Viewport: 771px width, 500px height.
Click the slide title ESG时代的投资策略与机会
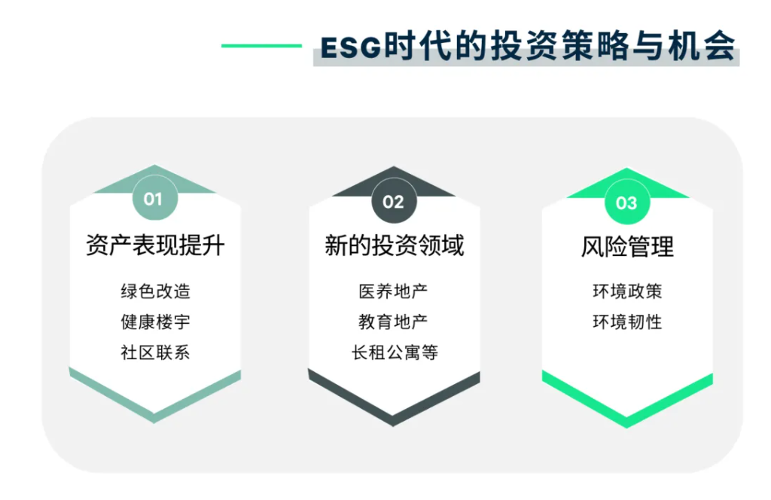(527, 46)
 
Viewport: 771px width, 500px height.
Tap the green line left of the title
(261, 46)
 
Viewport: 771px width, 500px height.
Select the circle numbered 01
(154, 199)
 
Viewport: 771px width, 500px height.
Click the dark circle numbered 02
(393, 201)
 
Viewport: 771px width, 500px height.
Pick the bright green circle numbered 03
(626, 203)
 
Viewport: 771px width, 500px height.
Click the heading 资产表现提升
(155, 245)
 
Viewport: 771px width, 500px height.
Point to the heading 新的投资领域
(394, 245)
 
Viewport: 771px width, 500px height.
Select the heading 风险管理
(627, 246)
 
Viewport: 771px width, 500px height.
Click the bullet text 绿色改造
(155, 291)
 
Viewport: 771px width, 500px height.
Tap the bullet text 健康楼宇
(155, 322)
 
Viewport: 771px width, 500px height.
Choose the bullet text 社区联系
(155, 352)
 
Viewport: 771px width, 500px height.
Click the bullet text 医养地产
(394, 291)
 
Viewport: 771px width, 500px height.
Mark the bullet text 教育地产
(394, 322)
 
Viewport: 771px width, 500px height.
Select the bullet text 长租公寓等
(394, 352)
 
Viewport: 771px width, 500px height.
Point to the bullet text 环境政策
(627, 291)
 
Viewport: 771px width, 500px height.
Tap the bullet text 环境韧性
(627, 322)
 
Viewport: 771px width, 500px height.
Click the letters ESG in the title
(351, 47)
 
